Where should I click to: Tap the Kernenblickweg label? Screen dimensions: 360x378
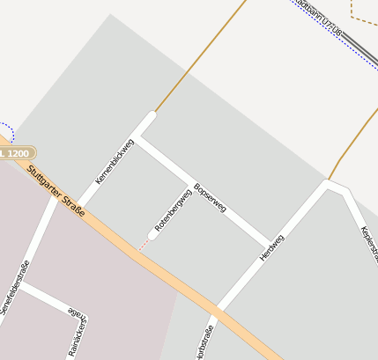(x=115, y=161)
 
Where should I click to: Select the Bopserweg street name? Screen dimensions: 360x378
(x=210, y=197)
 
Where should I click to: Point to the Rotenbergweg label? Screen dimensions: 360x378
(x=173, y=210)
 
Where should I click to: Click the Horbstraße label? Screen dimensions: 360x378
(x=208, y=342)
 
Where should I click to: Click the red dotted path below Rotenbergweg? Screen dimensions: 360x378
(x=144, y=245)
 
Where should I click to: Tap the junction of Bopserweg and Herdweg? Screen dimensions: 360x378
(x=267, y=243)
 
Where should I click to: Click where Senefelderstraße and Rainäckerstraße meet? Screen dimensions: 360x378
(x=21, y=284)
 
